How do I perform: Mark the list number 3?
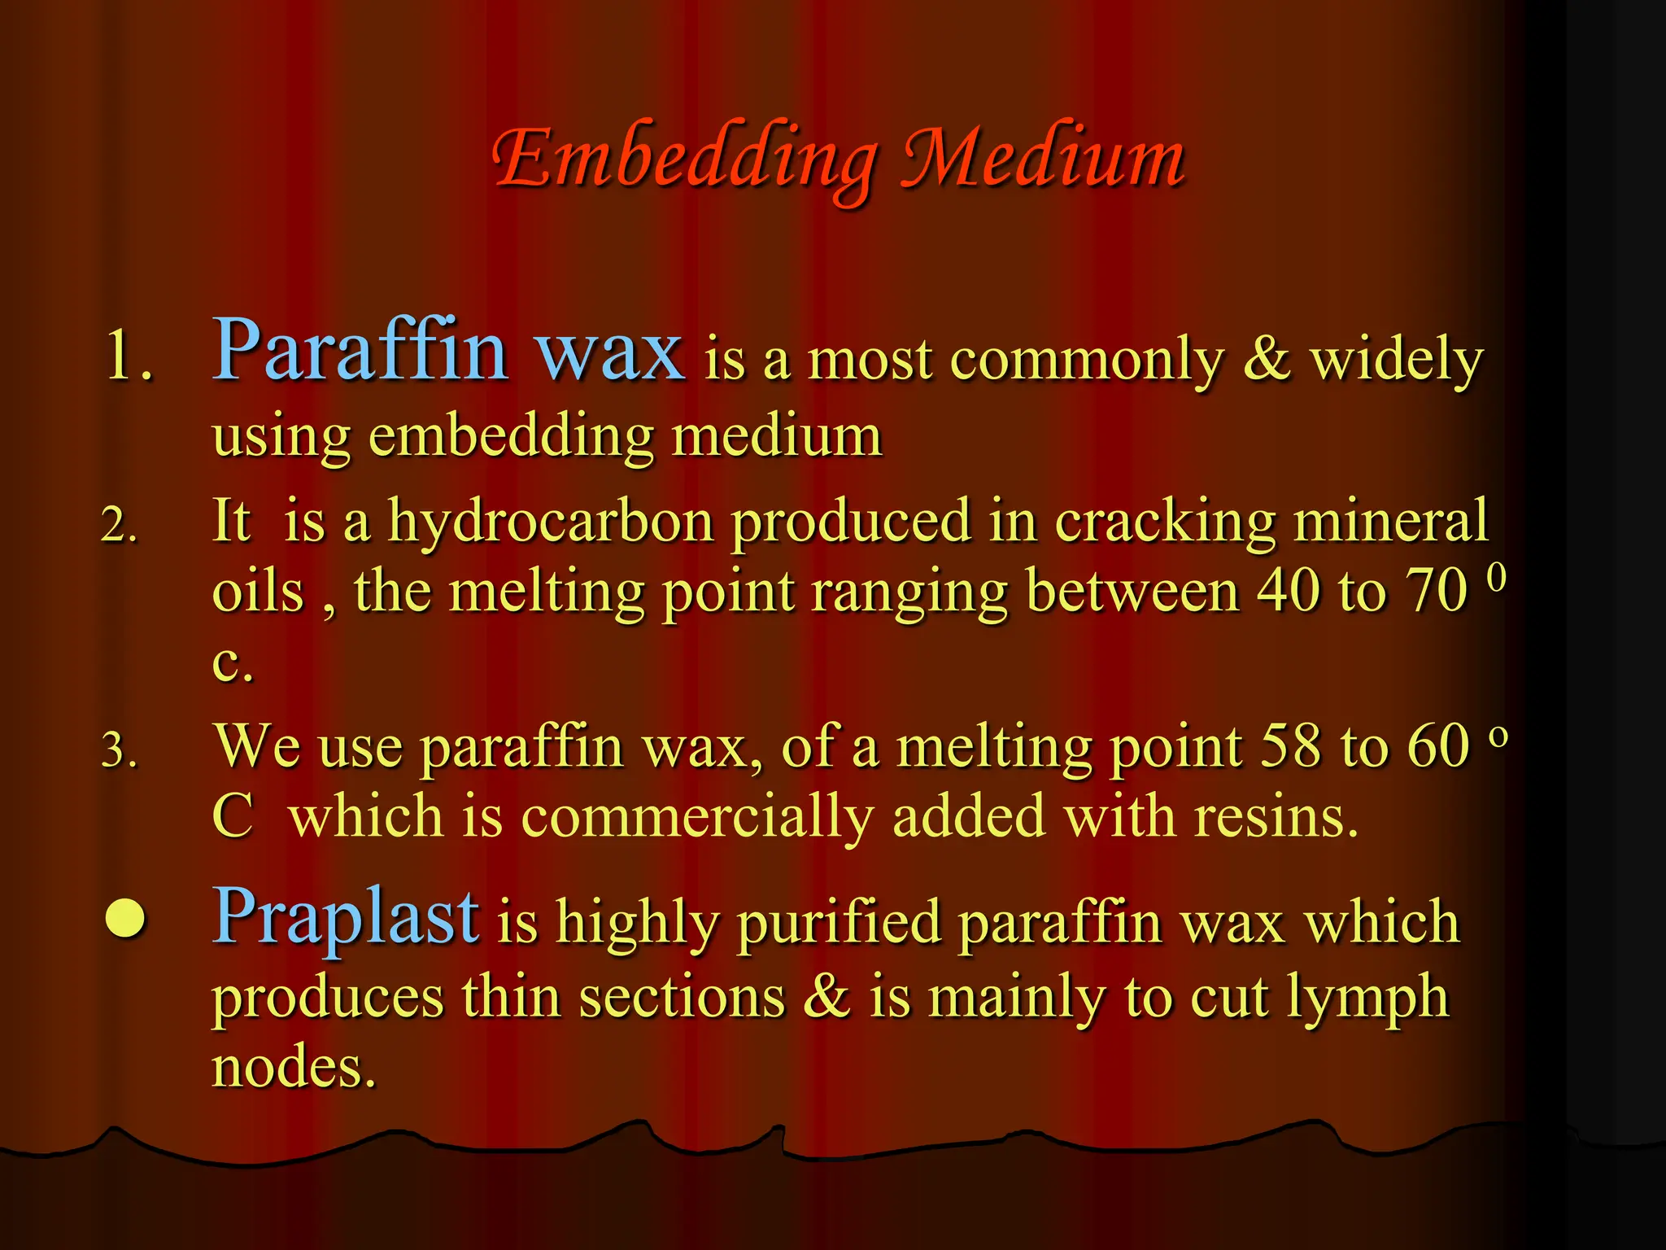(x=119, y=750)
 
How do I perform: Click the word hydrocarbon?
(x=551, y=521)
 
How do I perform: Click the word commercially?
(x=697, y=816)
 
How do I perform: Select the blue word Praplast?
(x=346, y=917)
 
